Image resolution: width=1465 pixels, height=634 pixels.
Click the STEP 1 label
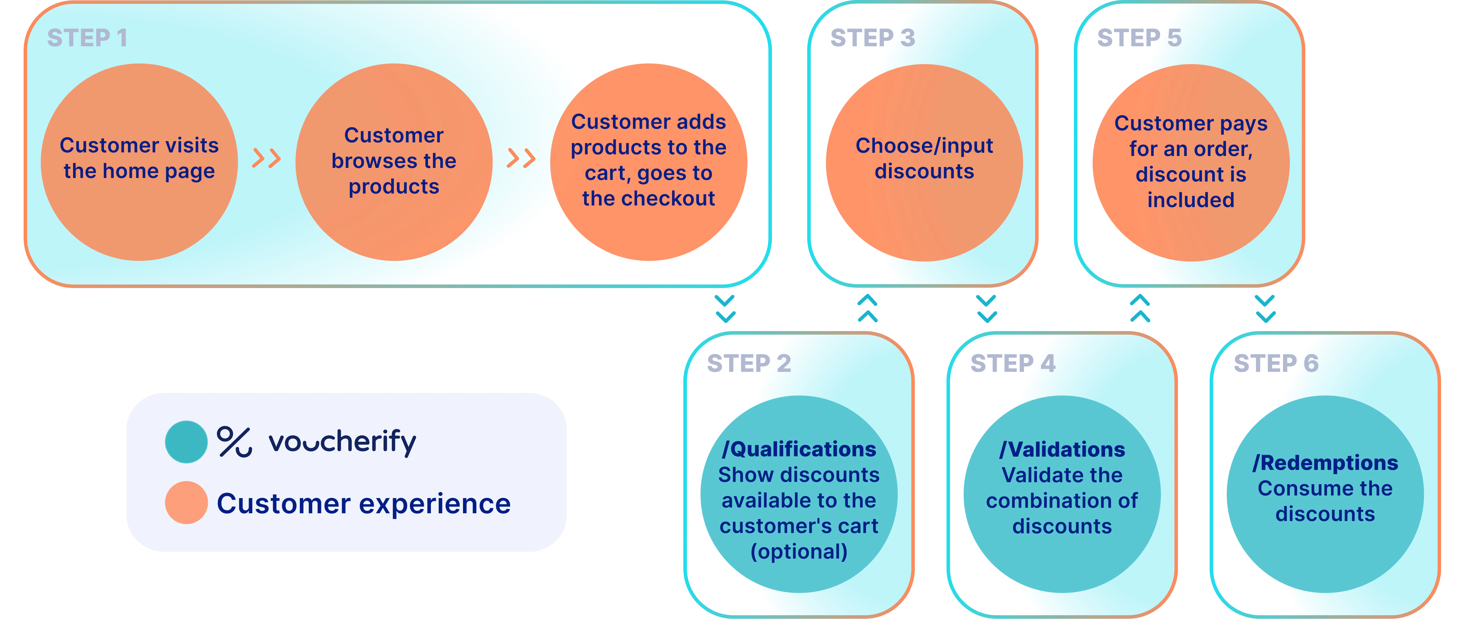click(x=87, y=38)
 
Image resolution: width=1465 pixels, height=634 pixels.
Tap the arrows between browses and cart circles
click(x=521, y=158)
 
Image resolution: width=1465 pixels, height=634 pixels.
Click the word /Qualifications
click(x=799, y=449)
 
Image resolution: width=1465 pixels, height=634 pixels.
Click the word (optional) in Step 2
click(x=799, y=551)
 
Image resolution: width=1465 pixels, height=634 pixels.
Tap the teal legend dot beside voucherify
click(x=186, y=442)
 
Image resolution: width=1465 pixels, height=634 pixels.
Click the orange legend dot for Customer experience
click(x=186, y=503)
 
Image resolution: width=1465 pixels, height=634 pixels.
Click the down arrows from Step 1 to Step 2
click(x=724, y=308)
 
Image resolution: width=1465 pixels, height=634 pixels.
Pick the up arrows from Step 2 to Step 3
click(x=867, y=308)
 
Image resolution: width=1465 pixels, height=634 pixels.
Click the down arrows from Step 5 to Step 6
click(x=1265, y=308)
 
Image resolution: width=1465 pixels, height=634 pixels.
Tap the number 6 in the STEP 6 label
click(x=1311, y=363)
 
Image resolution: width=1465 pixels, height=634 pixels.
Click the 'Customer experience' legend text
click(x=364, y=504)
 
